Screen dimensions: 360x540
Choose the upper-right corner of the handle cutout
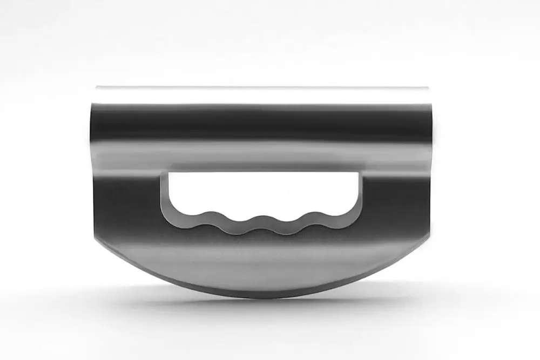(356, 174)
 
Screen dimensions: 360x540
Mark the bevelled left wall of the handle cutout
(164, 194)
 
